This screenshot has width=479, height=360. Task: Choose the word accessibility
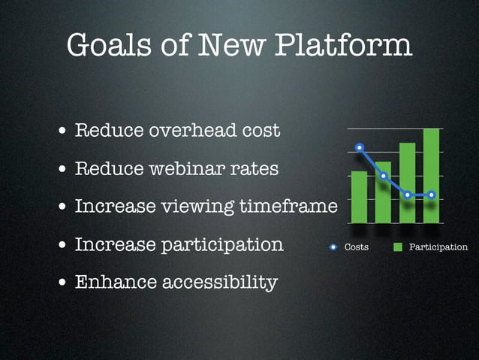(221, 283)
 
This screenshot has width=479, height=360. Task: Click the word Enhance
(116, 283)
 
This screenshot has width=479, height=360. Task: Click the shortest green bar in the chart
(338, 197)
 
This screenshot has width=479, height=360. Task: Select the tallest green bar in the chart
(431, 176)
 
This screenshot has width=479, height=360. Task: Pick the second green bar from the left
(384, 192)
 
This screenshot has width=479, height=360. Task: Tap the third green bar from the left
(407, 183)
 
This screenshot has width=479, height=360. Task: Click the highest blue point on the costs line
(360, 147)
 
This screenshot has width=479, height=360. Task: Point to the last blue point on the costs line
(431, 195)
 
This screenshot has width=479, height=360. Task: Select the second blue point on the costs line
(384, 176)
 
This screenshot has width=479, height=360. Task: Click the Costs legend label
(356, 247)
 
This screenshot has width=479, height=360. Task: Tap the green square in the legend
(398, 247)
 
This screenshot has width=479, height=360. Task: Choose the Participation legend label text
(438, 247)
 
